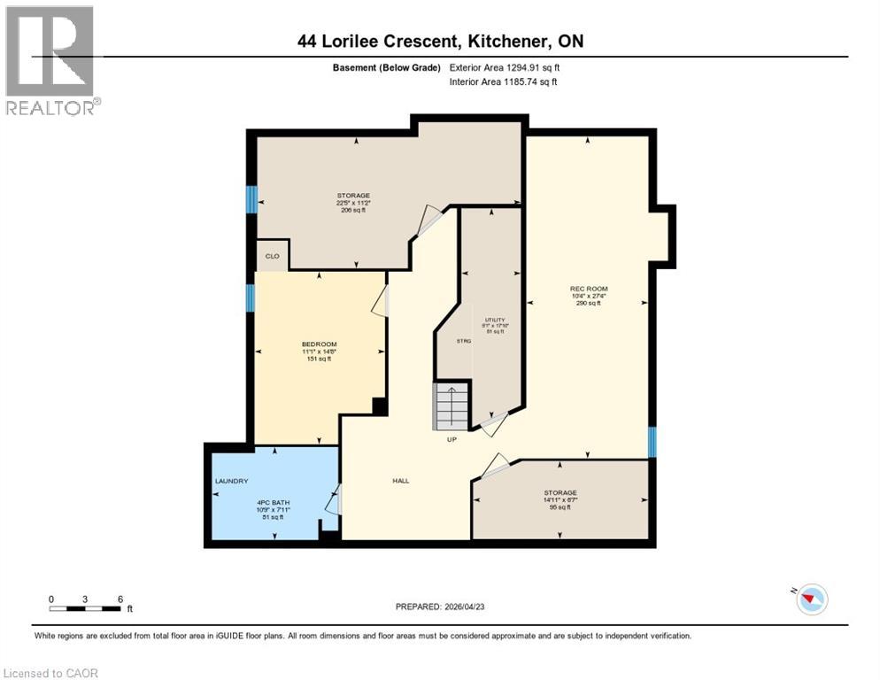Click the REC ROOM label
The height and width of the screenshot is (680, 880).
589,289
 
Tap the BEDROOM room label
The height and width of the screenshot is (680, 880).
319,344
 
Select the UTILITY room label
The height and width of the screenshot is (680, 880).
494,319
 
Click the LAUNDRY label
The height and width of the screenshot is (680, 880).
231,481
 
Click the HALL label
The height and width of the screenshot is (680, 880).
400,481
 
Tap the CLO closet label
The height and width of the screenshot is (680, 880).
273,256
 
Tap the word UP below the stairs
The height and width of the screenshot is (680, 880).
452,439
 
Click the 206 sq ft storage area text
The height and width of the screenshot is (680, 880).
352,211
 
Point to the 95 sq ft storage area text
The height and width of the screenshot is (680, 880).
560,508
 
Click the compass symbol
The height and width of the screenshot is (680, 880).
809,599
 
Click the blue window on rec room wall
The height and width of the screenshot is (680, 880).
652,442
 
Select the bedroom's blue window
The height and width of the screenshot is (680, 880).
251,297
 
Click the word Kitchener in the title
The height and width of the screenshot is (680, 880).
505,42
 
